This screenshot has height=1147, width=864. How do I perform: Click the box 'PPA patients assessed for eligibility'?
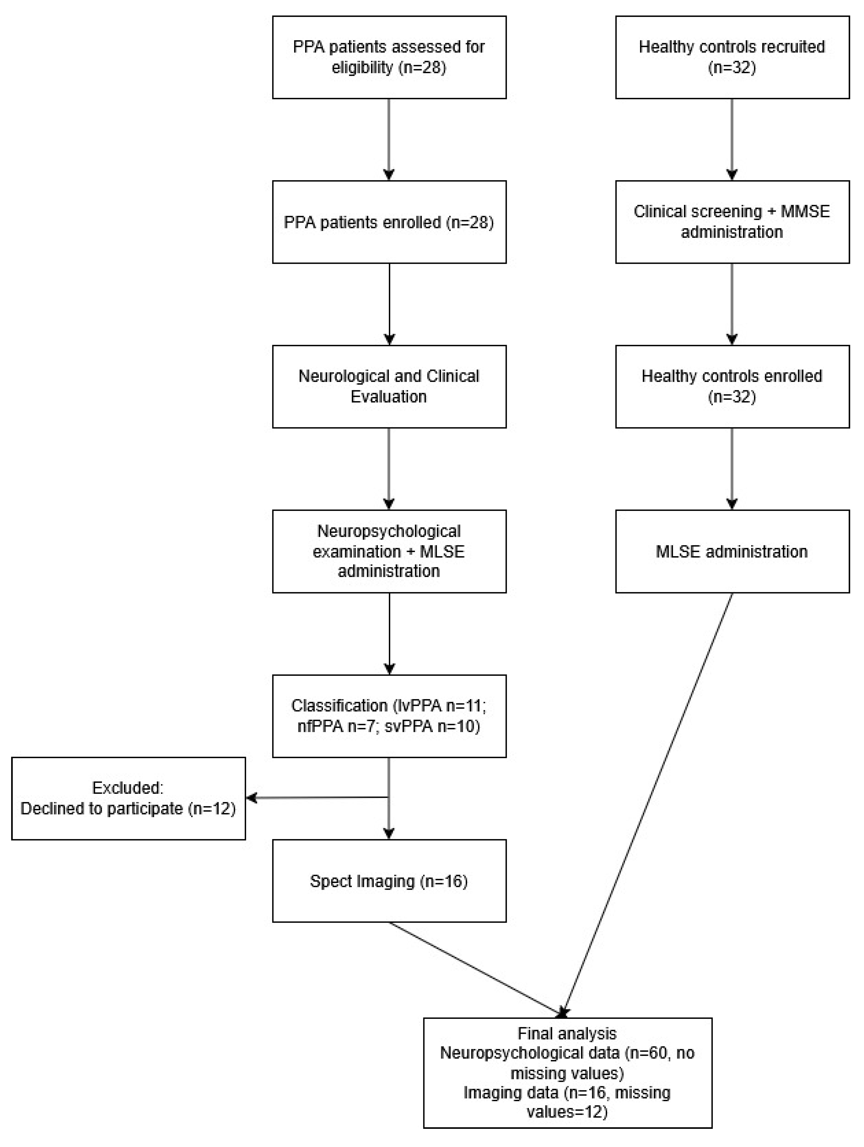[x=389, y=57]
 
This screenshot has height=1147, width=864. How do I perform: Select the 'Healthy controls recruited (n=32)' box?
[x=732, y=57]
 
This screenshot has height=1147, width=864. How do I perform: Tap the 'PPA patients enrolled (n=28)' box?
[x=389, y=222]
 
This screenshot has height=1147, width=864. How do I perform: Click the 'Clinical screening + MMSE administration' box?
[x=732, y=222]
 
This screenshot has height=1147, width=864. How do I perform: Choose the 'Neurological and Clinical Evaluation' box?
[x=389, y=386]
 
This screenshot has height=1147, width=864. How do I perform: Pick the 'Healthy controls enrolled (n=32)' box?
[x=732, y=386]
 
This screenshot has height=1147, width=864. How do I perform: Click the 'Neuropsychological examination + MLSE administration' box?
[x=389, y=551]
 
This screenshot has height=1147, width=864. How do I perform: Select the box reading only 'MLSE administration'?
[x=732, y=551]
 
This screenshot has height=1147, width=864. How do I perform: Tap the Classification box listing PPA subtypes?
[x=389, y=716]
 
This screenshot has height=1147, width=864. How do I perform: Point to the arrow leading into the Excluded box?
[x=316, y=797]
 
